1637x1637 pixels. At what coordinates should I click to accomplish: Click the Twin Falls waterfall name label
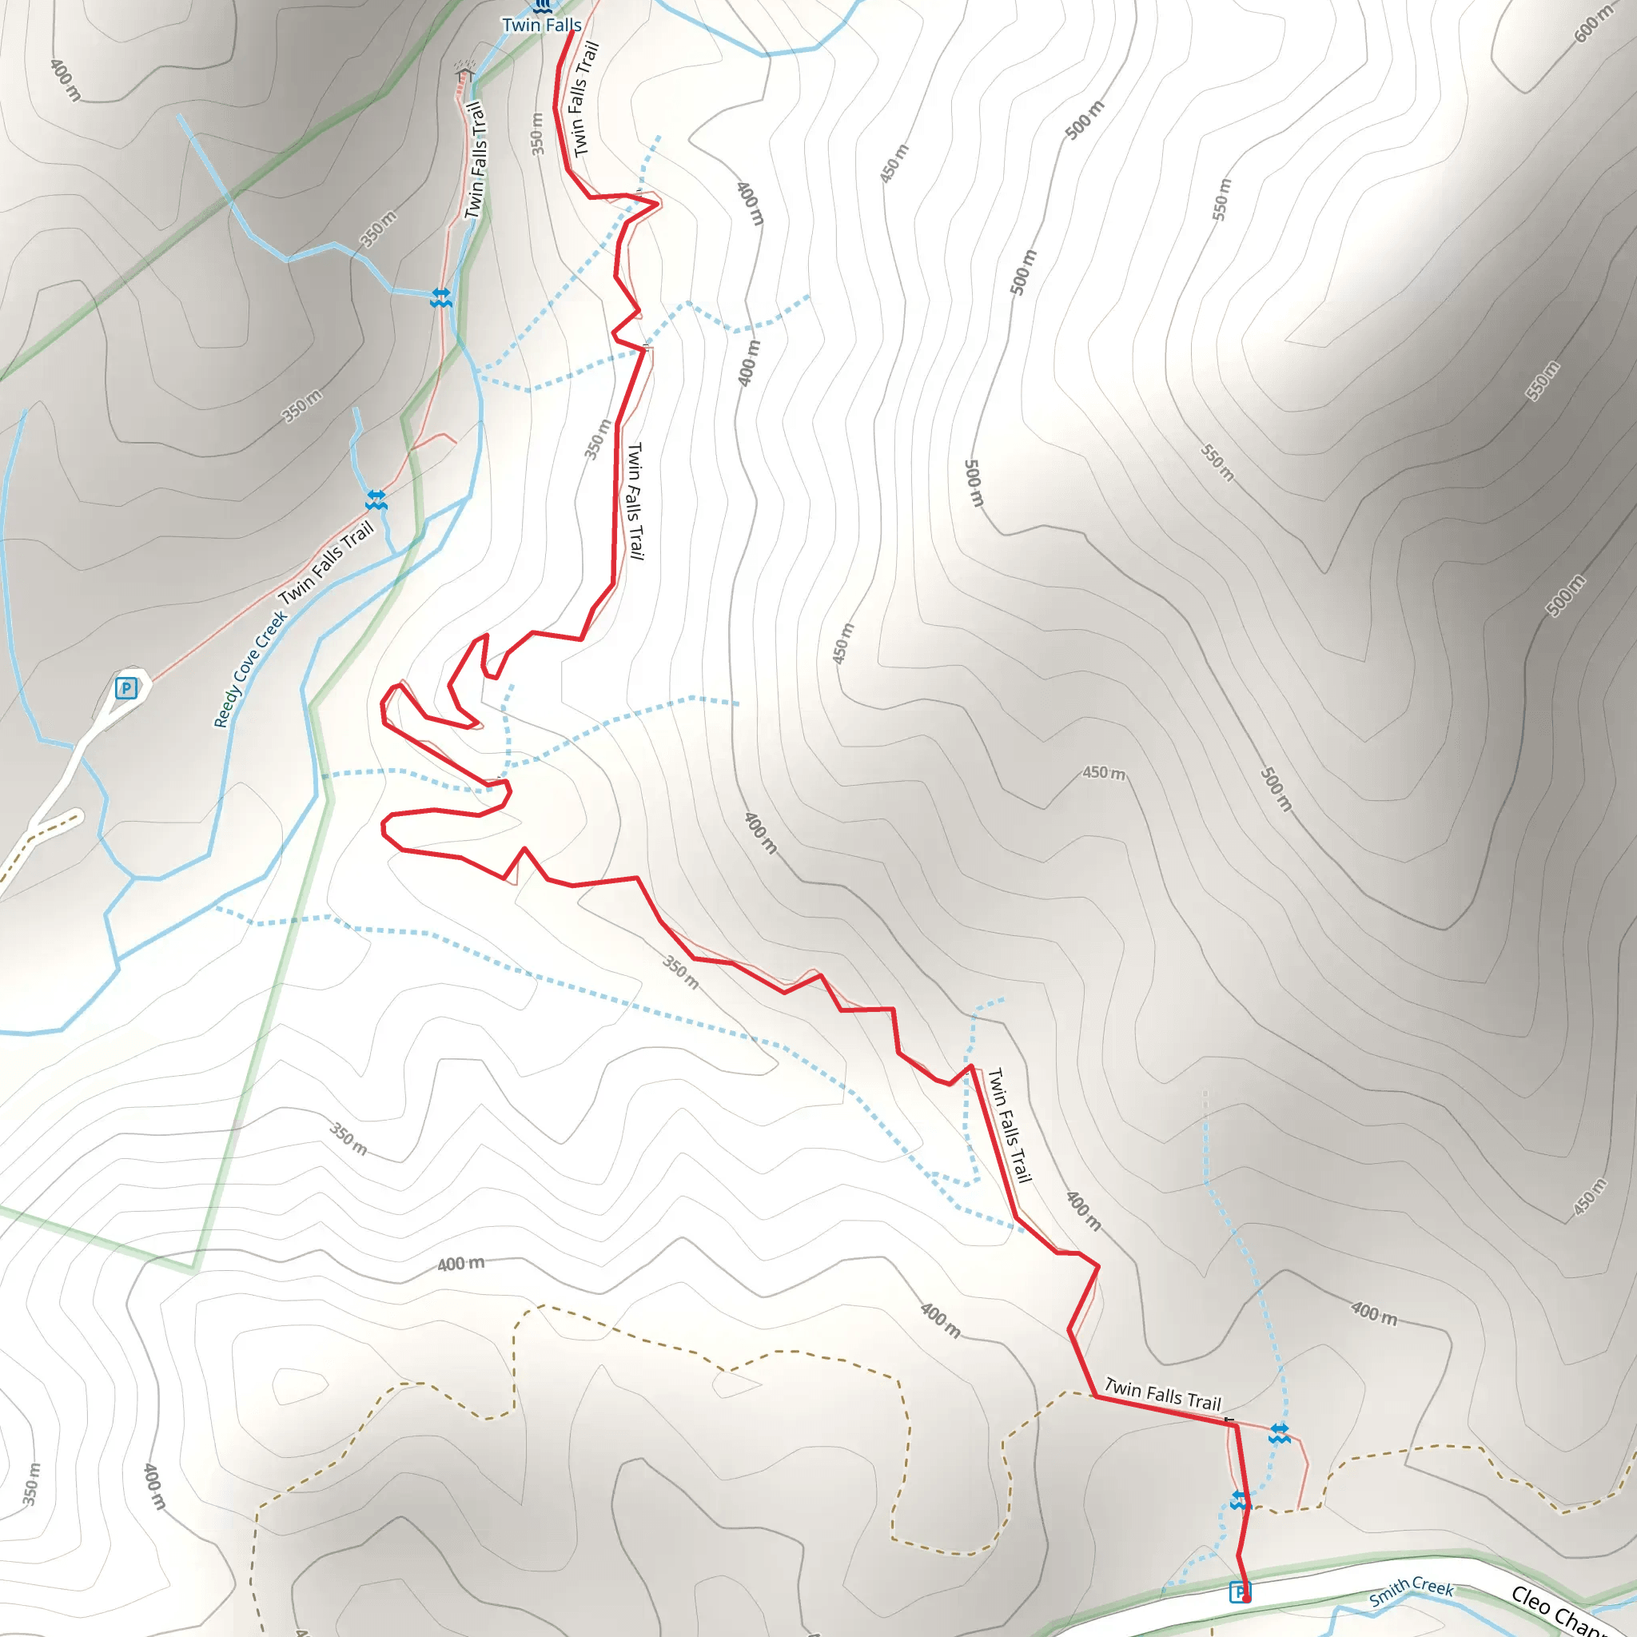541,25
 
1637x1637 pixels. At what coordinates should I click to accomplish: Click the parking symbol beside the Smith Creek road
1240,1591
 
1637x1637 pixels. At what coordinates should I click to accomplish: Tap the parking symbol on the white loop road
126,688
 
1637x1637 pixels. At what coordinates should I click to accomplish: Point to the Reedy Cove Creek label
249,669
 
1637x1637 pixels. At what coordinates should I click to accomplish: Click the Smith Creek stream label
1412,1592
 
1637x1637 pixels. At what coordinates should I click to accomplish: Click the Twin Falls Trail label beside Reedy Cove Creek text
326,563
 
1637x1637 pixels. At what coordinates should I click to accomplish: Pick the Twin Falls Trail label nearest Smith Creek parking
1162,1394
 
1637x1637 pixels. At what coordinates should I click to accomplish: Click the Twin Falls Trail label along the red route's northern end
585,99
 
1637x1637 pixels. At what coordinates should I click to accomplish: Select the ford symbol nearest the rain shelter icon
440,297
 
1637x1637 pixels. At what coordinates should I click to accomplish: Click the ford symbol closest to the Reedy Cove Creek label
376,500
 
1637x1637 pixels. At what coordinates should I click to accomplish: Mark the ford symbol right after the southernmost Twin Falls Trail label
1280,1433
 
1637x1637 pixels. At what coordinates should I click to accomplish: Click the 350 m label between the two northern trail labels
538,133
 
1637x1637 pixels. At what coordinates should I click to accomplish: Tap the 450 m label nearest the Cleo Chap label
1589,1197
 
